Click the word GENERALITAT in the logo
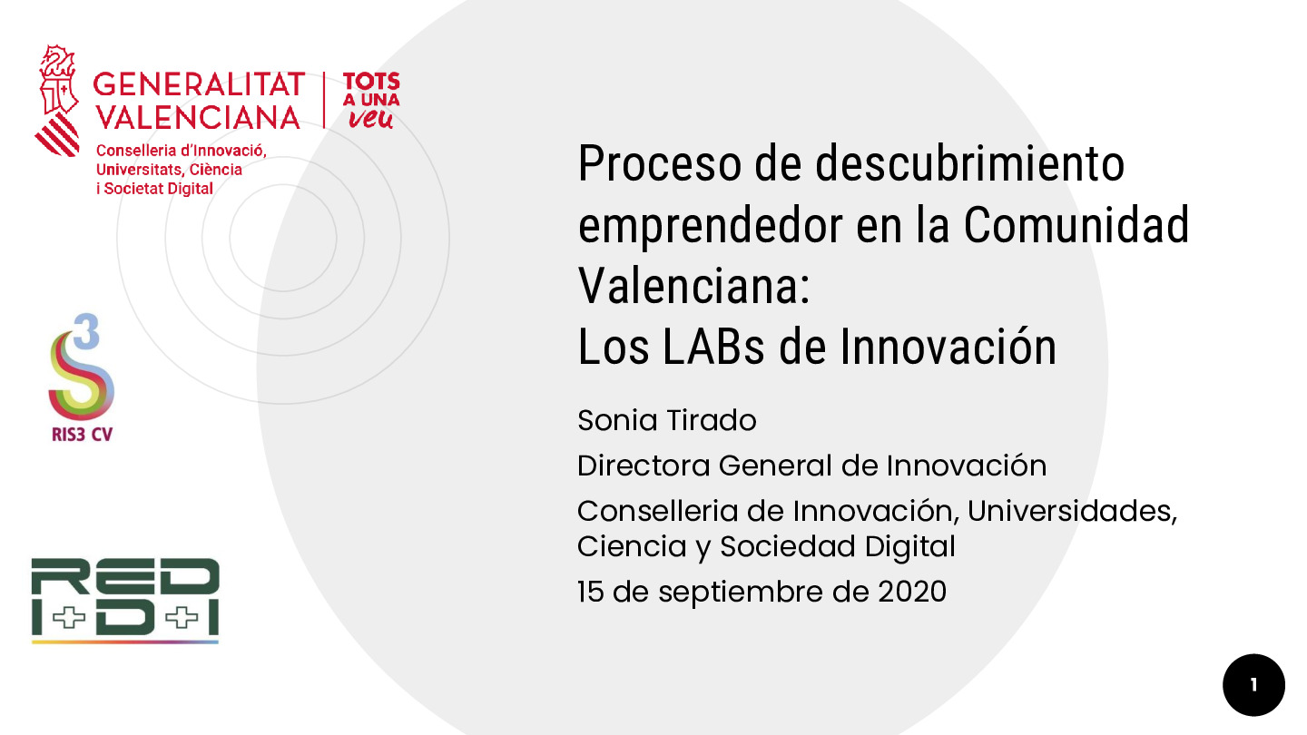[x=199, y=84]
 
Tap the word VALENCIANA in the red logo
[x=198, y=117]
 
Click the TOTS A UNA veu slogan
[x=370, y=100]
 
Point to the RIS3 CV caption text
[x=82, y=434]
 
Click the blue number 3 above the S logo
[x=86, y=332]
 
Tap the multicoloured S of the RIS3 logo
[x=80, y=377]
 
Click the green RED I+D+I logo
[x=125, y=599]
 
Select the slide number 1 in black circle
[x=1253, y=685]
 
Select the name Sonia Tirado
[x=667, y=420]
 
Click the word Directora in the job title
[x=644, y=465]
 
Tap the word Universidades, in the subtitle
[x=1072, y=511]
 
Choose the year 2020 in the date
[x=912, y=592]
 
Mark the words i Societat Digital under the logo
[x=154, y=189]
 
